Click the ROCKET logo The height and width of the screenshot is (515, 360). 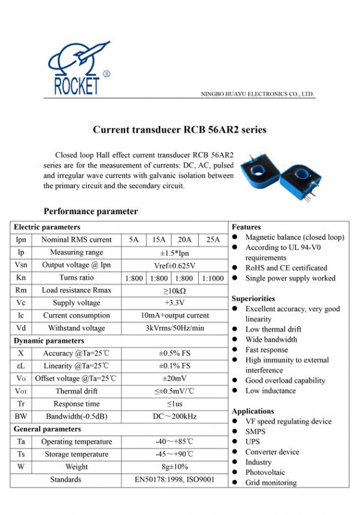point(77,69)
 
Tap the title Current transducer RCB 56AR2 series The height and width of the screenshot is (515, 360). point(180,129)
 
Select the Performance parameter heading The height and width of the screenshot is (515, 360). point(90,211)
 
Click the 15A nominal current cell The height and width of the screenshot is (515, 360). point(159,240)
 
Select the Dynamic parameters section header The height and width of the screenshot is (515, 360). point(49,341)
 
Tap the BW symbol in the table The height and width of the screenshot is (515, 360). point(21,416)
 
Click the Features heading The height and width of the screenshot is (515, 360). point(246,227)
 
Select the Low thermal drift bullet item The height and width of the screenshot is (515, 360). point(273,329)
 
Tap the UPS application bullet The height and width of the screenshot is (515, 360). point(253,441)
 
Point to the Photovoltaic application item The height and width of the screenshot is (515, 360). point(265,472)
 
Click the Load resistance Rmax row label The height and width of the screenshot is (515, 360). point(76,290)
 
